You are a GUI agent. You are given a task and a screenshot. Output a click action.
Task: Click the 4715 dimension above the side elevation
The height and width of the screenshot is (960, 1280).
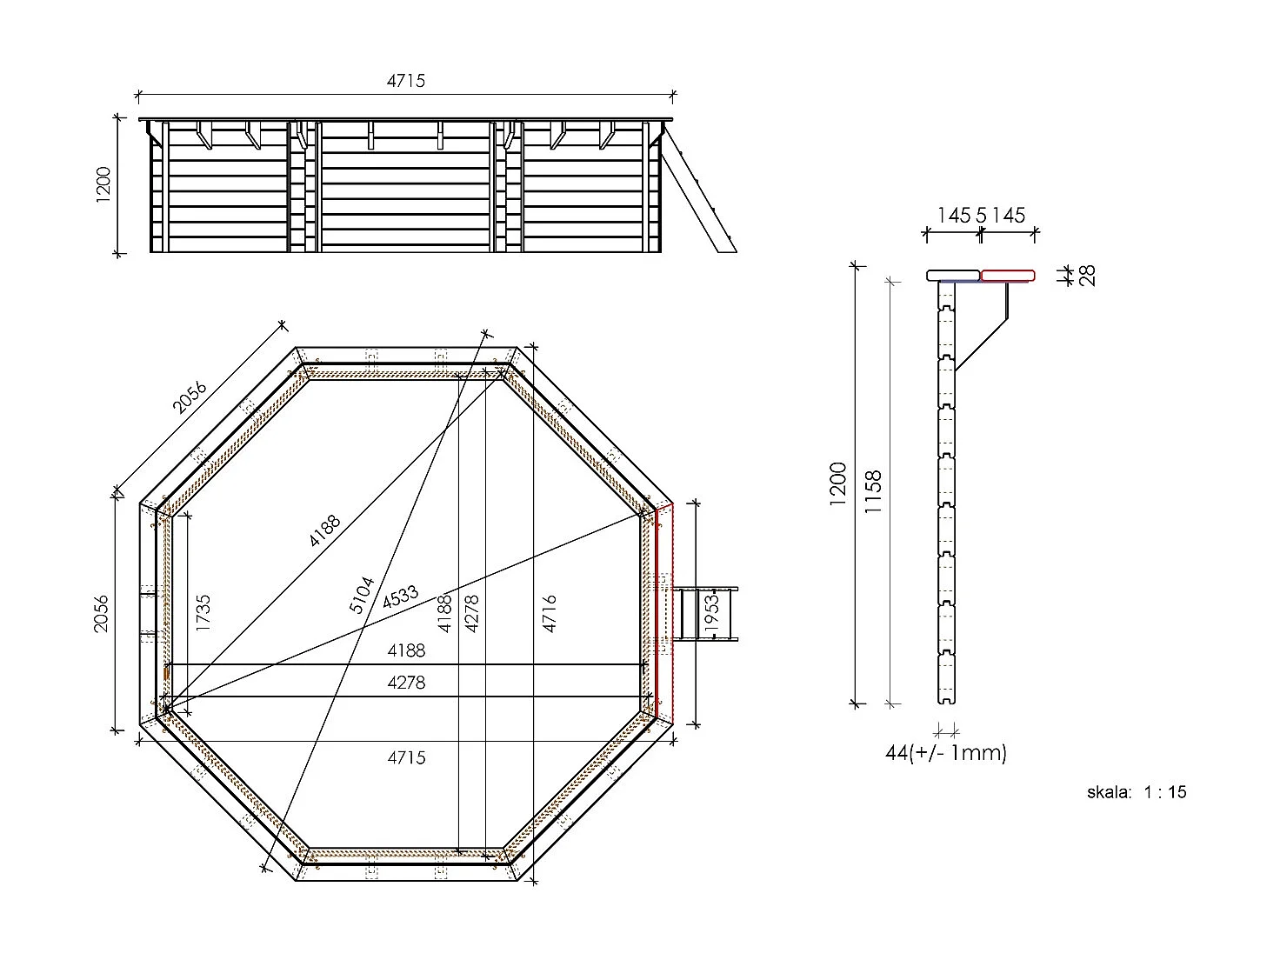pos(405,81)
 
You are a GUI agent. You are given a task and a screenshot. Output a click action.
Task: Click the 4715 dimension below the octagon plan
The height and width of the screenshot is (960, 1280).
pos(406,757)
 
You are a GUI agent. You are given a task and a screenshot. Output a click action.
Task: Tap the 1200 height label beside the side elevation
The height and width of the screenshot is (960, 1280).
pos(104,185)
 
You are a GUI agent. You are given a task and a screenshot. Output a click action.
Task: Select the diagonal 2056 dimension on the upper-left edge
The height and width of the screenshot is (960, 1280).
pos(189,397)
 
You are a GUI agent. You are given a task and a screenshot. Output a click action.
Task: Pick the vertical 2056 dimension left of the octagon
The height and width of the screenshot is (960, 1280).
pos(102,613)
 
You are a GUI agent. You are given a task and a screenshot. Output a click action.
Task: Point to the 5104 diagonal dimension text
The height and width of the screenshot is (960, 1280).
pos(362,595)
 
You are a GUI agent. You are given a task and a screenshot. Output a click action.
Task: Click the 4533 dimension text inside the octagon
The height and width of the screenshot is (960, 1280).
pos(400,597)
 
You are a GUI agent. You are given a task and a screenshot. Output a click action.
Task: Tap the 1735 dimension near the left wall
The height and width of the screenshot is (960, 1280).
pos(203,613)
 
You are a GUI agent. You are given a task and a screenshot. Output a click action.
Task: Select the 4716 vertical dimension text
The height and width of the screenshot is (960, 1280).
pos(549,613)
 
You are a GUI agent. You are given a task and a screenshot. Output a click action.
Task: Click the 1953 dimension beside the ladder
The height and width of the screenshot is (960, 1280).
pos(711,613)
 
